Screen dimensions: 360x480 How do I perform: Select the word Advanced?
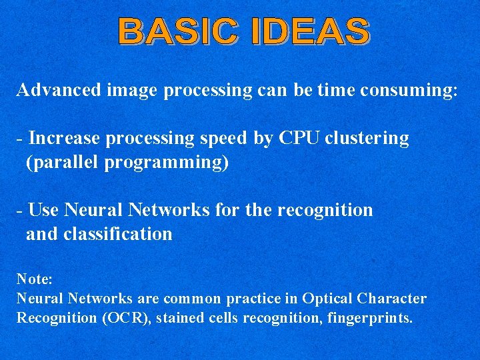tap(59, 90)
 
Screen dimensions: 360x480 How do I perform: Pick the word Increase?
tap(65, 138)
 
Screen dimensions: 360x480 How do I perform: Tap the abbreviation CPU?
tap(300, 138)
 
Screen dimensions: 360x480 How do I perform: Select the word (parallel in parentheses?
tap(63, 163)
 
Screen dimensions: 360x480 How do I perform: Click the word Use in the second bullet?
tap(44, 210)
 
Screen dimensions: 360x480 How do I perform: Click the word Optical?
tap(327, 298)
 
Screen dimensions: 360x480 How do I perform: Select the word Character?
tap(391, 298)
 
